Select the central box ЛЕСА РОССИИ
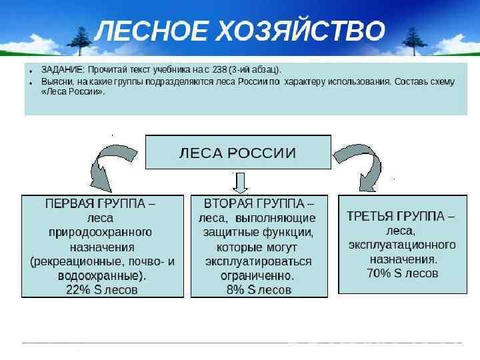238,152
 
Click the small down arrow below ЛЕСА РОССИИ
240,181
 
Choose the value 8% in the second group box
235,289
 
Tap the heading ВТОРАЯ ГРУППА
259,203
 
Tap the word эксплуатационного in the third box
402,245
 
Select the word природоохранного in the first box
101,232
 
